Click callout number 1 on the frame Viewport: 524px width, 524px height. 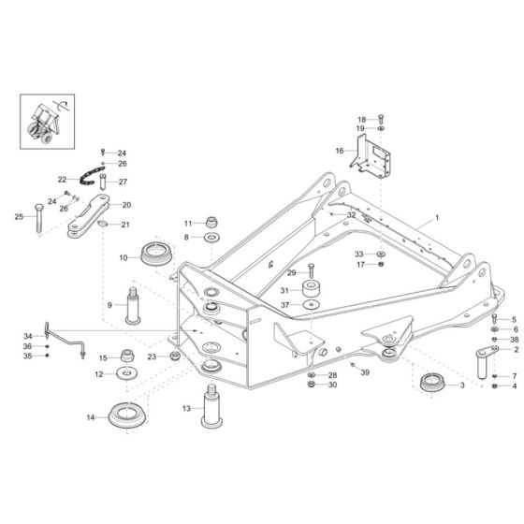click(435, 218)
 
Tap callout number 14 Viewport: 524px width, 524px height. click(91, 417)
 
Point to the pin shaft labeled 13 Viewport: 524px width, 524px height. click(209, 413)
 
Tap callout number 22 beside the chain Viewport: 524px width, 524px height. click(62, 178)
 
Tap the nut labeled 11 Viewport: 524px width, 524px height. click(211, 224)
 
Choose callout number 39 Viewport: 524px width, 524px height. click(365, 372)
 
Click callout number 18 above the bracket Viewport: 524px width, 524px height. click(362, 119)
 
